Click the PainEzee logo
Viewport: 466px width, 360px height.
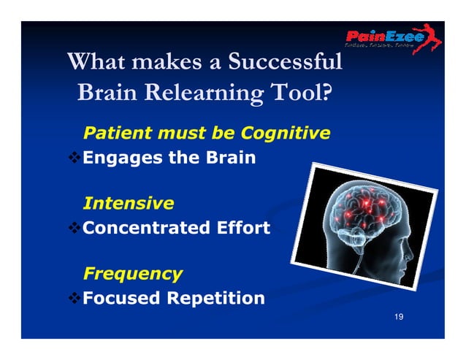[393, 39]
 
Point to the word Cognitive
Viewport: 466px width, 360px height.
[286, 134]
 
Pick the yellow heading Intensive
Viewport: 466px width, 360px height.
[129, 203]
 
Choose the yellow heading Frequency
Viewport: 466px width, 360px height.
[133, 274]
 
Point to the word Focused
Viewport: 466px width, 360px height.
[121, 299]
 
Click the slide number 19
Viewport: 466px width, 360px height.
[398, 316]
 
